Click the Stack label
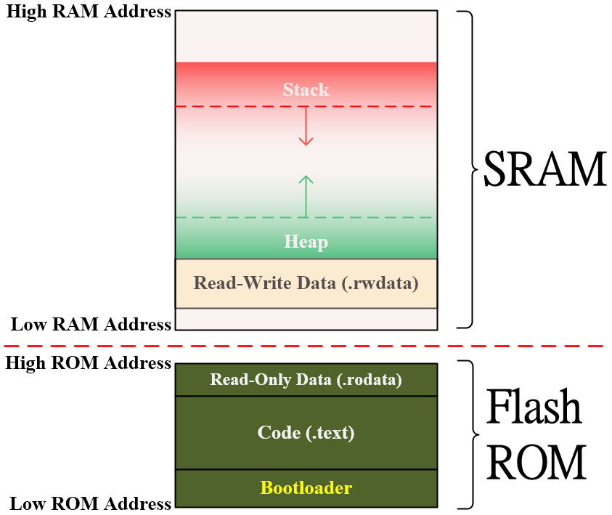[x=306, y=89]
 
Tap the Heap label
[x=306, y=242]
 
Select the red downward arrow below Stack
[x=306, y=126]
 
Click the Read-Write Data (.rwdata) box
[x=306, y=283]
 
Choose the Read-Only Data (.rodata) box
[x=306, y=379]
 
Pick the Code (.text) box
[x=306, y=433]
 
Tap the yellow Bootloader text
[x=306, y=487]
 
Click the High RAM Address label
[x=88, y=12]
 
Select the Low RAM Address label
[x=91, y=324]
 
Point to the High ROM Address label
[x=88, y=362]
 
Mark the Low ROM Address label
[x=91, y=503]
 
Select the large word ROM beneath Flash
[x=536, y=461]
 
